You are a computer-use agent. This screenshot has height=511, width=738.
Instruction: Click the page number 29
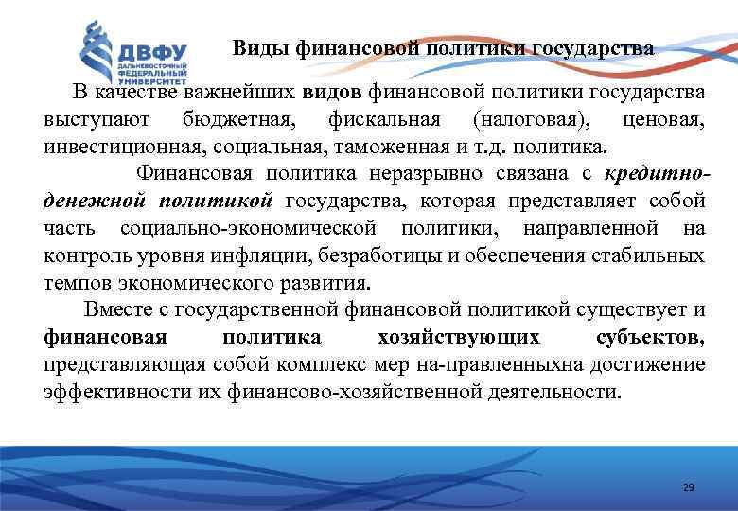pyautogui.click(x=688, y=487)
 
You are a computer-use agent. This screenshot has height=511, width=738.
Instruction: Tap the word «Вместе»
pyautogui.click(x=118, y=309)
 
